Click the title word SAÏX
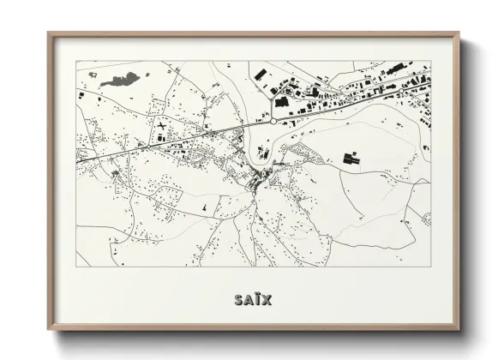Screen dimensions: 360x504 (251, 300)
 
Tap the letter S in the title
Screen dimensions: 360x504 (237, 300)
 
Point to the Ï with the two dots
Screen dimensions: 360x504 (256, 299)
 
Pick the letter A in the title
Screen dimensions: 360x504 (247, 300)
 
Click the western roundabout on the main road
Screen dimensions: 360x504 (273, 122)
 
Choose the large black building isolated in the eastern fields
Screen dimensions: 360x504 (351, 158)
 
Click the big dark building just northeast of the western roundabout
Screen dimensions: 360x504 (282, 102)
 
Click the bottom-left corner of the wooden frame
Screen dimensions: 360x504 (49, 328)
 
